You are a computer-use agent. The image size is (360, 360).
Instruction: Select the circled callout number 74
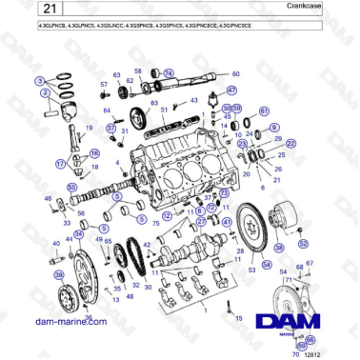point(169,73)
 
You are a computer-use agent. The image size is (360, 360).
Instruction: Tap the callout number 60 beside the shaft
point(235,73)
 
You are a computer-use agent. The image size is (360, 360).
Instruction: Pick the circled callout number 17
point(60,164)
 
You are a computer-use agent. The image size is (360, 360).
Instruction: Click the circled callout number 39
point(59,275)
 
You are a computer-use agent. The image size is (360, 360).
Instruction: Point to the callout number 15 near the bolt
point(238,317)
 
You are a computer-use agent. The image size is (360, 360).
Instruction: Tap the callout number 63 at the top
point(117,74)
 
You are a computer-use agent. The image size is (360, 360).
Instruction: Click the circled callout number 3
point(43,84)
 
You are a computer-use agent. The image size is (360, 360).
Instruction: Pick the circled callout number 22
point(291,143)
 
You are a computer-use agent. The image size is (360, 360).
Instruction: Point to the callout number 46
point(48,198)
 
